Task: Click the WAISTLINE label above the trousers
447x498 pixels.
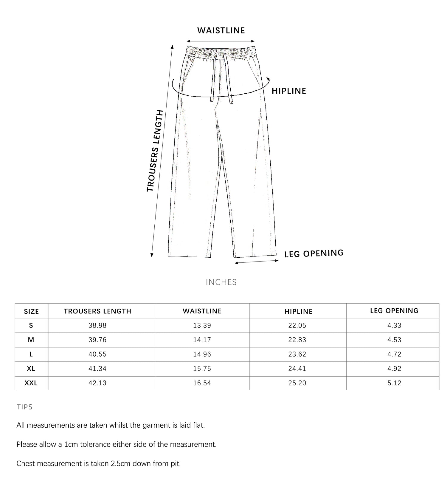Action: click(x=221, y=30)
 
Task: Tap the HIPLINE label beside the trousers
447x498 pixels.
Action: click(x=289, y=91)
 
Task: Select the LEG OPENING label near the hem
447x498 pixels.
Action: click(x=314, y=253)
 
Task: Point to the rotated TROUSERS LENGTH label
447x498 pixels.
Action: click(x=155, y=151)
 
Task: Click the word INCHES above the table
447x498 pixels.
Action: click(x=221, y=282)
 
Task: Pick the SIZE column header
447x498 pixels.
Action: click(x=31, y=311)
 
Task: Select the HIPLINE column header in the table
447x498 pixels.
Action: click(x=298, y=311)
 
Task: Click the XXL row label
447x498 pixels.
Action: click(x=31, y=383)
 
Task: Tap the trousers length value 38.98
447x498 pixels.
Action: click(x=97, y=325)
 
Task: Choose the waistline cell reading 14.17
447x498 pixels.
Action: click(x=202, y=340)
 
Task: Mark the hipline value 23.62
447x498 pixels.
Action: click(x=297, y=354)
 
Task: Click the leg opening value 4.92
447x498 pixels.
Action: click(x=394, y=369)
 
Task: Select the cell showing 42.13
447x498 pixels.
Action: click(x=97, y=383)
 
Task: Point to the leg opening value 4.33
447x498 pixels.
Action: click(x=394, y=325)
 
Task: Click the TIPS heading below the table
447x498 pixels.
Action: click(x=25, y=407)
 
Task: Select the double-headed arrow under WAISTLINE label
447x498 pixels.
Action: click(x=221, y=41)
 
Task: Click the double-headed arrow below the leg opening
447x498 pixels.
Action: click(x=257, y=262)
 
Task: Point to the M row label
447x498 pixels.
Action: click(x=31, y=340)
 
